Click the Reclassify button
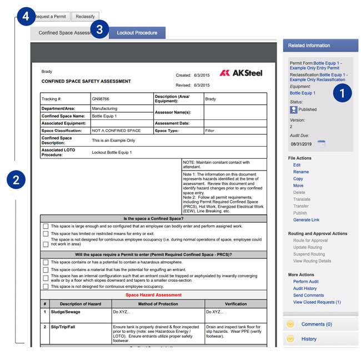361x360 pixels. click(86, 17)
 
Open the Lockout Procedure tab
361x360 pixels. click(137, 33)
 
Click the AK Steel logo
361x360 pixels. click(240, 73)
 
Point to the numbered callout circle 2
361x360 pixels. click(16, 179)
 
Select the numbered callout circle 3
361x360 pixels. click(99, 30)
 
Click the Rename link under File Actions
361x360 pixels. click(301, 172)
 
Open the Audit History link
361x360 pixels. click(305, 288)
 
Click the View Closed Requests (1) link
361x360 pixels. click(317, 302)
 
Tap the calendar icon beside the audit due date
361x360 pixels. click(321, 143)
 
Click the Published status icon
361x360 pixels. click(294, 109)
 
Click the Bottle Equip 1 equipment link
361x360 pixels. click(303, 93)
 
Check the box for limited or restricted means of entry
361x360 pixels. click(46, 234)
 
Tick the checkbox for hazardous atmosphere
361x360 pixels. click(46, 262)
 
